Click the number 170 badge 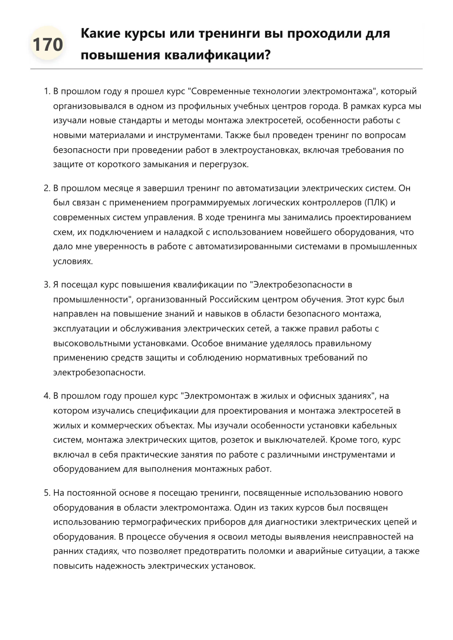tap(48, 44)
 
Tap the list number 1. tap(46, 91)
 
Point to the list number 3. tap(46, 285)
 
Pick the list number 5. tap(46, 493)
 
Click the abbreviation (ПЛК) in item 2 tap(376, 203)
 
